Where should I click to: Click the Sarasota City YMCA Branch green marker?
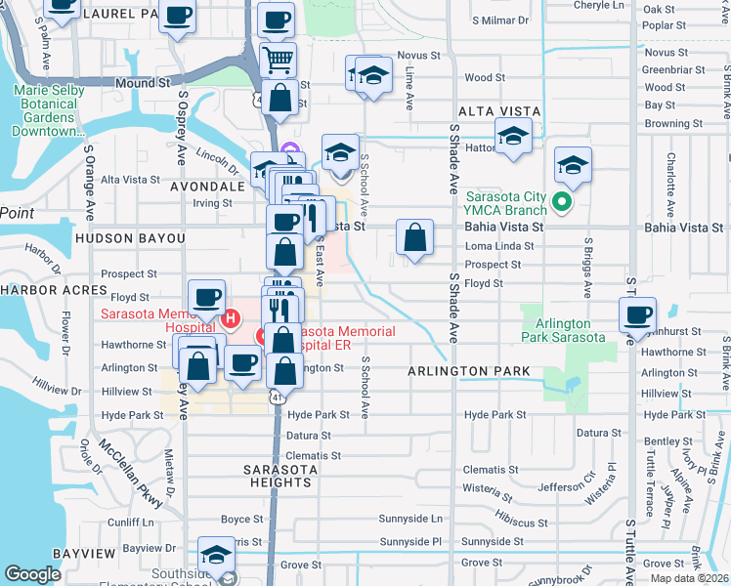pyautogui.click(x=561, y=203)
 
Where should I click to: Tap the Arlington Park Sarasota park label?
pyautogui.click(x=563, y=330)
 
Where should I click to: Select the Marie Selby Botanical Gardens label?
pyautogui.click(x=49, y=110)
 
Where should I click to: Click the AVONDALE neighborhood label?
pyautogui.click(x=206, y=186)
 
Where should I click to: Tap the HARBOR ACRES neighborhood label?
pyautogui.click(x=53, y=290)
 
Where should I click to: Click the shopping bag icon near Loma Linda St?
pyautogui.click(x=414, y=237)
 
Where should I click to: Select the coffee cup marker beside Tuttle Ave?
pyautogui.click(x=637, y=315)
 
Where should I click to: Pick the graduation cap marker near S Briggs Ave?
pyautogui.click(x=574, y=164)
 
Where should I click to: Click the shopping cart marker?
pyautogui.click(x=279, y=59)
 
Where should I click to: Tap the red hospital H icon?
pyautogui.click(x=232, y=318)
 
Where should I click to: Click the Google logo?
pyautogui.click(x=33, y=574)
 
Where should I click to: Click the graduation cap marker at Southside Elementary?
pyautogui.click(x=215, y=555)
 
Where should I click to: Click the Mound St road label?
pyautogui.click(x=143, y=84)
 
